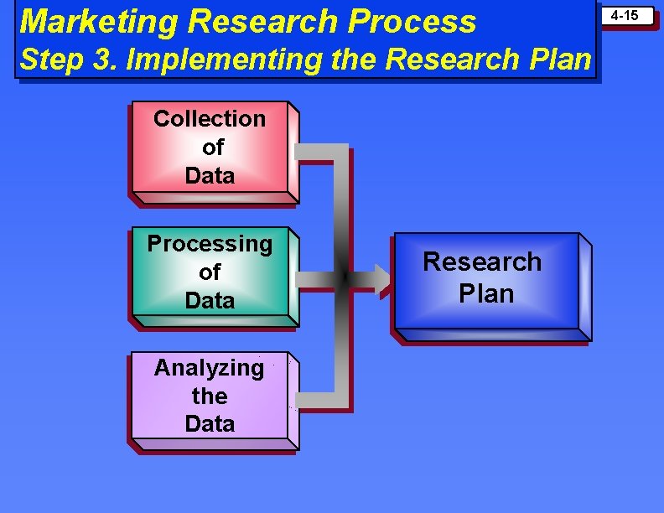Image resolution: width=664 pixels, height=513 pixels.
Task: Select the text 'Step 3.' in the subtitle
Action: [58, 60]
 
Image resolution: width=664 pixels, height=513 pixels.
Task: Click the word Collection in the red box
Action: [210, 119]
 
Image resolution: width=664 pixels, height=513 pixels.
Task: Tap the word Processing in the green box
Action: [210, 244]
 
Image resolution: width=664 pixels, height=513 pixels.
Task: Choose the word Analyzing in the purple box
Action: [209, 367]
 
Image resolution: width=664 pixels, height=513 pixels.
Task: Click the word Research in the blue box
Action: [482, 262]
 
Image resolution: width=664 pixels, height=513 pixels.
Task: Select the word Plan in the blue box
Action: [486, 293]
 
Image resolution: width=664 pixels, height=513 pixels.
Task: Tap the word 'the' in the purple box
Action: [210, 396]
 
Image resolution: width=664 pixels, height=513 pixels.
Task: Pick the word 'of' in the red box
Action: [213, 148]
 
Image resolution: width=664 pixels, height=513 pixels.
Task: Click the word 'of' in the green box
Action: [210, 272]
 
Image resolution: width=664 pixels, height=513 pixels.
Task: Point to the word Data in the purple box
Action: [210, 423]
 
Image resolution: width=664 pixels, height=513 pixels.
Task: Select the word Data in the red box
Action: [210, 176]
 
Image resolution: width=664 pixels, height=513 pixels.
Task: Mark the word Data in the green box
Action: [210, 300]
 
